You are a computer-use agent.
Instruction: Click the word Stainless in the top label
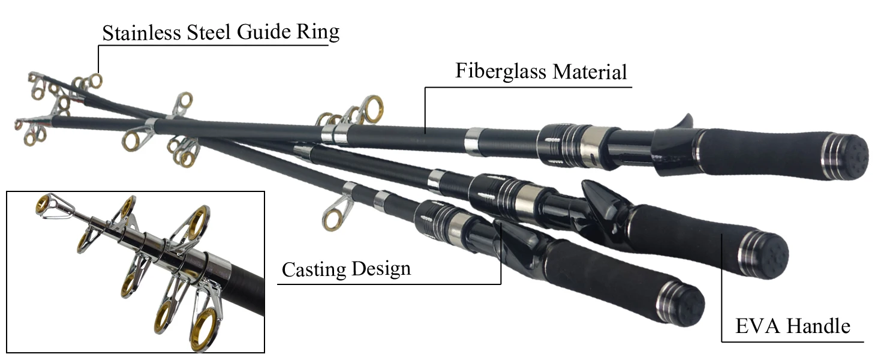pos(142,32)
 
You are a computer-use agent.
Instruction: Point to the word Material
pos(590,72)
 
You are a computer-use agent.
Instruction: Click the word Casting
pos(314,269)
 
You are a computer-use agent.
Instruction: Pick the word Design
pos(381,269)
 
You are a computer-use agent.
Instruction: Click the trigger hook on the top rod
pos(683,122)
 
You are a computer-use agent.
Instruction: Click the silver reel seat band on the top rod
pos(592,143)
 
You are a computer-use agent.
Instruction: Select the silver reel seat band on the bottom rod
pos(457,230)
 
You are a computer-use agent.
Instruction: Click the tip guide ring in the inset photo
pos(43,205)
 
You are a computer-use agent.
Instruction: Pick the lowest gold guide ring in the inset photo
pos(204,329)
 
